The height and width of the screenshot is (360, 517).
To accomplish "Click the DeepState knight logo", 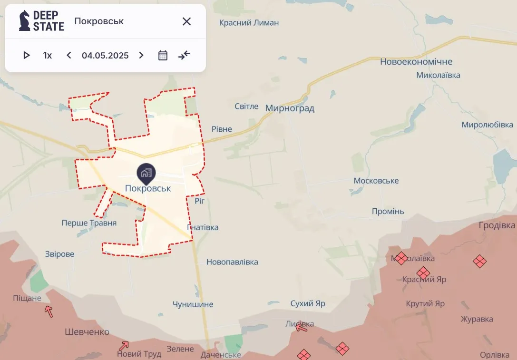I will pos(25,21).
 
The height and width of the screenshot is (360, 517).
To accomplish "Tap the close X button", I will pos(187,21).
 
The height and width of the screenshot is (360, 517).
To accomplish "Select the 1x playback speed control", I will pos(48,55).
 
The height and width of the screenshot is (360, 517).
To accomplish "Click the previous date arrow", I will pos(69,55).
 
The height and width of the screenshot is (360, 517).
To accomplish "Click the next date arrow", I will pos(141,55).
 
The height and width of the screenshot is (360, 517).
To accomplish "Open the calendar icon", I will pos(163,55).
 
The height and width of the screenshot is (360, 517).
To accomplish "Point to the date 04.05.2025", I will pos(105,55).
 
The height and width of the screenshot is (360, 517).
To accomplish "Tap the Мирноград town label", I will pos(290,108).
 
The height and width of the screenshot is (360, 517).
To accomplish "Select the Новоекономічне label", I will pos(416,62).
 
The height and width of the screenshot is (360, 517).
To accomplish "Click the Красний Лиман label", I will pos(249,22).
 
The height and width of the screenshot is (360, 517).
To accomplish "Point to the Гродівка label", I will pos(497,225).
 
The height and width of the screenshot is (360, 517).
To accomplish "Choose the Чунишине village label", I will pos(193,304).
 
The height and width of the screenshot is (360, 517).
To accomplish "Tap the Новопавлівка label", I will pos(232,262).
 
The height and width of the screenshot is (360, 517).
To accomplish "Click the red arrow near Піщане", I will pos(49,311).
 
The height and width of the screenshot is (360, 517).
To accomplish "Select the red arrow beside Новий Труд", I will pos(124,345).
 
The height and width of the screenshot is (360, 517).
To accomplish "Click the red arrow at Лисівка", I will pos(301,327).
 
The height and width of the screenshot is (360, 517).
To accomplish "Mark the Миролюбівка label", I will pos(488,125).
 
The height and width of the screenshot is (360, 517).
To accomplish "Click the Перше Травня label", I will pos(89,223).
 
